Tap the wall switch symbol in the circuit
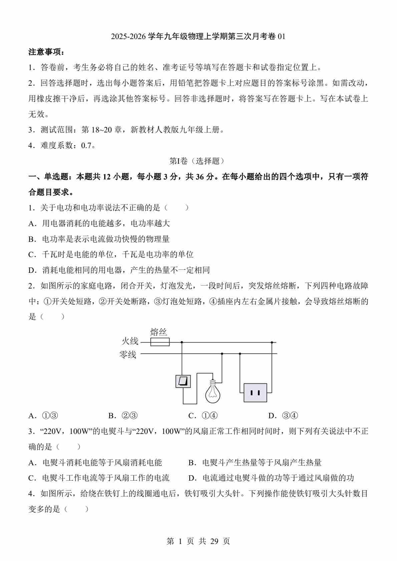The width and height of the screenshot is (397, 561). (x=183, y=381)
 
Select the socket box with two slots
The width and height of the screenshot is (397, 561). (x=255, y=393)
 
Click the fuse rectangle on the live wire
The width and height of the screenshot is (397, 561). (x=160, y=342)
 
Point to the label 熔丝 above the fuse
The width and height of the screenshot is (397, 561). (x=158, y=332)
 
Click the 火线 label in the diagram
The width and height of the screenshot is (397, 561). (x=130, y=341)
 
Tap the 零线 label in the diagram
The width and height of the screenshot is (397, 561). (x=128, y=354)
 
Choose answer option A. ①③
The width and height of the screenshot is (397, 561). (x=44, y=416)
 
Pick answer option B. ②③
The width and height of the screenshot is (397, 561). (x=123, y=416)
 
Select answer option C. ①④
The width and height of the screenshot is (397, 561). (x=203, y=416)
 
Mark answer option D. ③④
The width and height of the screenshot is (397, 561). (x=283, y=416)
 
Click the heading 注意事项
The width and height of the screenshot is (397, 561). (x=46, y=52)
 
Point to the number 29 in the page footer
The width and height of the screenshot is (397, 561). (x=214, y=541)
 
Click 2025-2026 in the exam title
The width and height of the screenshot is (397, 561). (x=128, y=37)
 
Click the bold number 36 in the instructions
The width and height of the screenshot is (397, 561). (x=200, y=177)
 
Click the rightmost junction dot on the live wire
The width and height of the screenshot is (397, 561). (x=272, y=342)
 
